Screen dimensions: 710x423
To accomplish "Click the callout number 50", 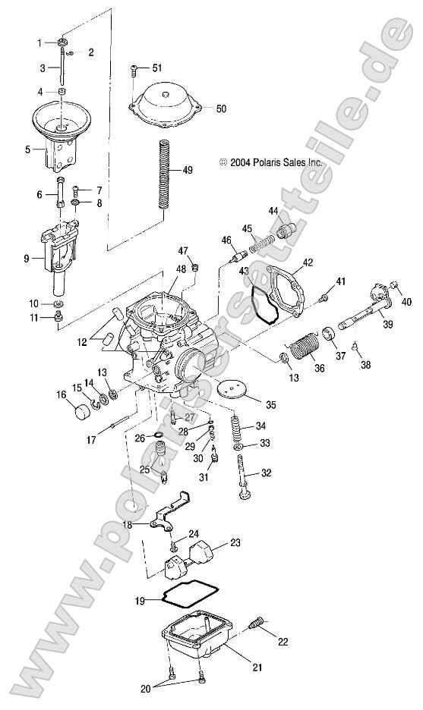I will pos(220,109).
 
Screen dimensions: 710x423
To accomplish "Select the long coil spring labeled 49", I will pos(164,174).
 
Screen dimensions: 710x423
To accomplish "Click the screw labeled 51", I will pos(134,71).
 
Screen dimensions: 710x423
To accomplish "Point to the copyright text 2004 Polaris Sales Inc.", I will pos(270,162).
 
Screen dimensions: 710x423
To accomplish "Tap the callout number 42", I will pos(308,263).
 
